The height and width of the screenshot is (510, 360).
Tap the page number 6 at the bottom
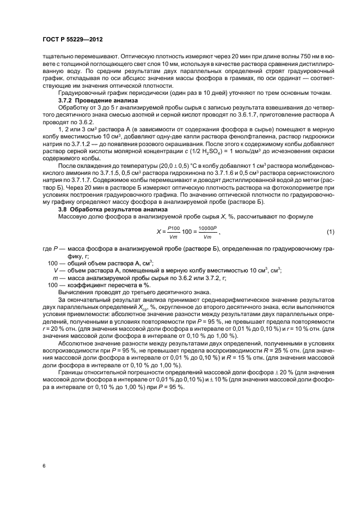pos(44,466)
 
